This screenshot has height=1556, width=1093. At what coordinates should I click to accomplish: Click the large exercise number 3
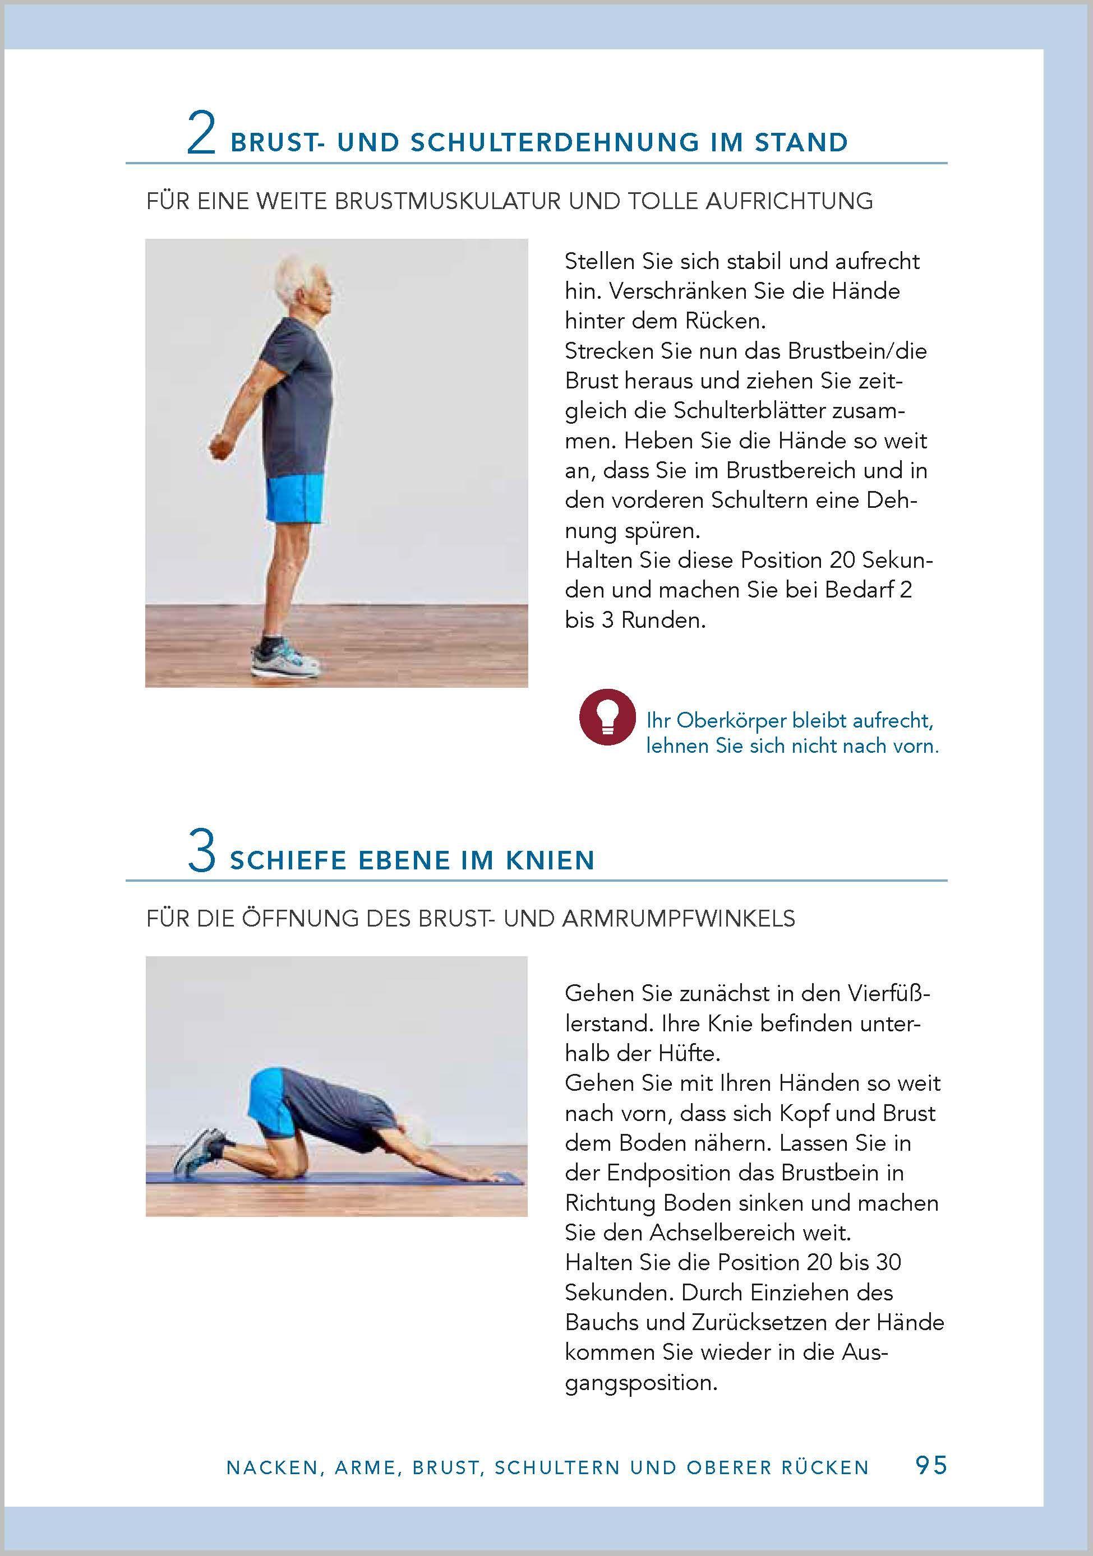pos(201,853)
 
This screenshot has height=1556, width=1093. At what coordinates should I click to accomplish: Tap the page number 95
pos(931,1465)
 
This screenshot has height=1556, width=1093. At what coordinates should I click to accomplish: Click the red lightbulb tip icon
pos(607,717)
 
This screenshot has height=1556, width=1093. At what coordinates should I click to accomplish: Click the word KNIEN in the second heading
pos(550,861)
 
